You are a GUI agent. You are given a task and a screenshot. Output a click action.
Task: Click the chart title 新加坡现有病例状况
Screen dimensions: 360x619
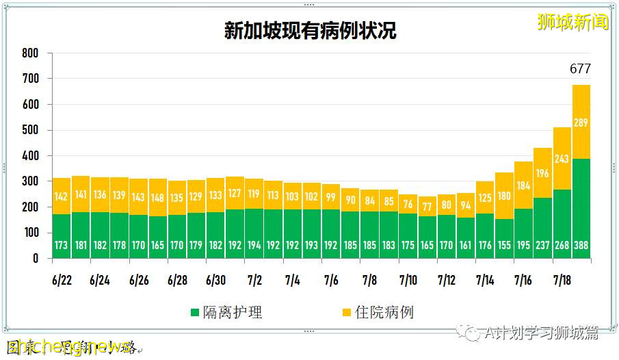[310, 31]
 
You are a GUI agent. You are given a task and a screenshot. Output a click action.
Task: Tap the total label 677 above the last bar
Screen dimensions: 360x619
[580, 69]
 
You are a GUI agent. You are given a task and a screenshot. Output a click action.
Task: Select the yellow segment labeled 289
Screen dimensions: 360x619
[581, 122]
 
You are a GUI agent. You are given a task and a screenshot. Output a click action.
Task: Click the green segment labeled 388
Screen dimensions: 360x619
[581, 209]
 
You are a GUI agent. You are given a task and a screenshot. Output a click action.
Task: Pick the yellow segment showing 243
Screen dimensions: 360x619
[562, 158]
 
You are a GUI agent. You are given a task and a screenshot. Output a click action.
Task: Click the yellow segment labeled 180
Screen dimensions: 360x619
[504, 196]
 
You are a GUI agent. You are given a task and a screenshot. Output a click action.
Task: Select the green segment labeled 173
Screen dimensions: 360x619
[61, 236]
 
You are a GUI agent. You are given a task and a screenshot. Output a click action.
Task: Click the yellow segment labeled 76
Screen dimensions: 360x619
[408, 204]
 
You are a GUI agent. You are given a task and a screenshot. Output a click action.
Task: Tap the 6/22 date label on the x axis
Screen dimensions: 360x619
[61, 281]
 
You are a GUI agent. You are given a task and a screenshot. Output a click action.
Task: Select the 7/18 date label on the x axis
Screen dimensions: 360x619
[562, 281]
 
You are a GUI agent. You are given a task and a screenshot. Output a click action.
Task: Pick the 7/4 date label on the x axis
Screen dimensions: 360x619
[292, 281]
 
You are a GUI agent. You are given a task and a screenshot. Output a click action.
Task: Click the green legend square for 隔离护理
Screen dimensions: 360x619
[196, 313]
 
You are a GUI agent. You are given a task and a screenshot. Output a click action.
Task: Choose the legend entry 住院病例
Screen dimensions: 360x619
[386, 313]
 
